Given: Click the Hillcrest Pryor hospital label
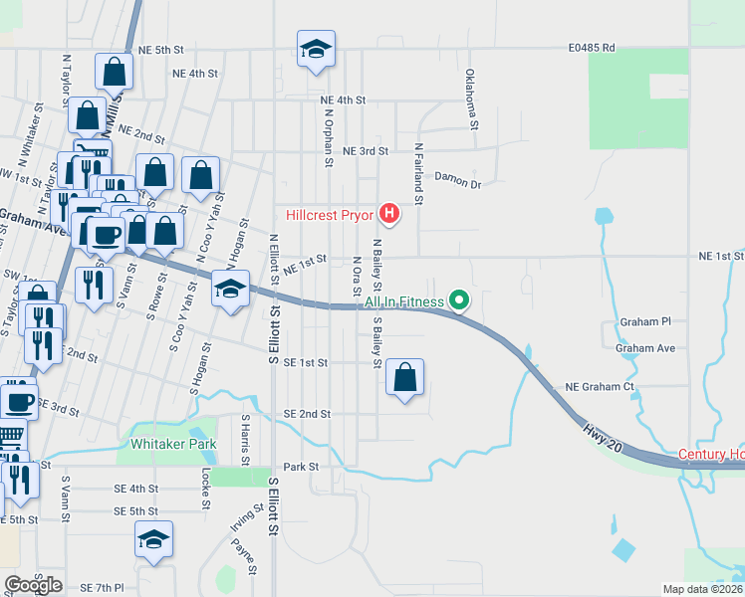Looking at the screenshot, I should (x=329, y=214).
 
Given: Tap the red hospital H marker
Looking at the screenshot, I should (x=390, y=213).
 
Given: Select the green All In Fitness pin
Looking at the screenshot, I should (x=459, y=298).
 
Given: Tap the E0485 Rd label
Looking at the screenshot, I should (x=593, y=47).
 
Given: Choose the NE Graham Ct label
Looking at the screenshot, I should (x=600, y=386).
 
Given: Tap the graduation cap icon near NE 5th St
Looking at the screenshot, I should (x=316, y=49).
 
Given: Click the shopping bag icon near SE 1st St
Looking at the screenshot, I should (x=404, y=378).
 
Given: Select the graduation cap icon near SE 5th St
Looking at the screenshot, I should (x=154, y=540).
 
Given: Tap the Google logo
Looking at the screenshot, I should (x=33, y=584).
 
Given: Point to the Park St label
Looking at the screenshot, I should (x=300, y=466).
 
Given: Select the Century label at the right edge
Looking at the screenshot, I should (x=711, y=455).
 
